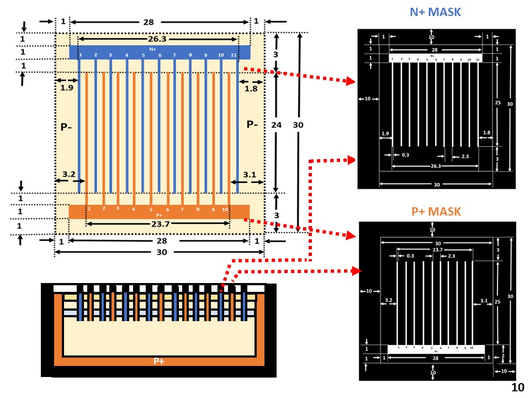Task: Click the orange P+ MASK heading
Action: [436, 212]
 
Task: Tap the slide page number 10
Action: [517, 387]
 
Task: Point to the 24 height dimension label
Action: [277, 125]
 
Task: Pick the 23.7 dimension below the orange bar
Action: [158, 224]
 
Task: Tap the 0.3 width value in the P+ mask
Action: [410, 256]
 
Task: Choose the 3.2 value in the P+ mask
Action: [388, 301]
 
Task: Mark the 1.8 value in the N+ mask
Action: [486, 133]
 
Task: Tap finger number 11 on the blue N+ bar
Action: [234, 55]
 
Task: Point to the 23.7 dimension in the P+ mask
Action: [437, 250]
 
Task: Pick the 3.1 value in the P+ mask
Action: [484, 301]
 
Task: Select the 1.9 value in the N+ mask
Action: [385, 134]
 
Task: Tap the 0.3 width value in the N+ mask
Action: [405, 155]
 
